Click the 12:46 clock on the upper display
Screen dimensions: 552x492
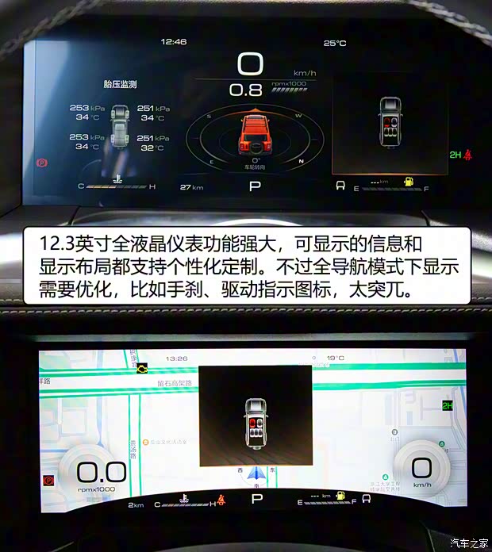click(x=174, y=41)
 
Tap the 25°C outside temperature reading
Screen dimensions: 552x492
click(x=335, y=44)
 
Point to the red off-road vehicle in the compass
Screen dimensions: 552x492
click(x=254, y=134)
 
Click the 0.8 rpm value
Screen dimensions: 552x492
click(x=245, y=90)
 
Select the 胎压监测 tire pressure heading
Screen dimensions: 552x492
click(x=120, y=84)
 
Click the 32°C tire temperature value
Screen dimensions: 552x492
click(x=152, y=148)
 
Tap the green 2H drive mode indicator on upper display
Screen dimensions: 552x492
click(x=455, y=155)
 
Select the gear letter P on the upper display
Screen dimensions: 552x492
click(x=255, y=186)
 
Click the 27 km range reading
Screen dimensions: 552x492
click(x=191, y=187)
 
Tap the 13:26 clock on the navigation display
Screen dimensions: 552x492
click(x=177, y=358)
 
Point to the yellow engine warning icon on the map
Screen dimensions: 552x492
click(x=142, y=369)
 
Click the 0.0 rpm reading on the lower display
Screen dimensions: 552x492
click(x=101, y=473)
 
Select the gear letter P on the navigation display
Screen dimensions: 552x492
click(x=256, y=499)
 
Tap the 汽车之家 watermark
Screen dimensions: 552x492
click(x=468, y=542)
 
